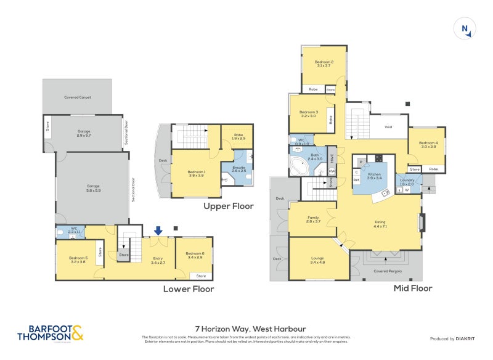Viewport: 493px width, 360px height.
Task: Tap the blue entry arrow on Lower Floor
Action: tap(158, 231)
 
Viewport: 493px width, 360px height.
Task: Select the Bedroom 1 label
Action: tap(197, 173)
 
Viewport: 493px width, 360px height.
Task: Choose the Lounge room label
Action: tap(317, 261)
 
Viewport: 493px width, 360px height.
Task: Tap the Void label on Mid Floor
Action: tap(388, 127)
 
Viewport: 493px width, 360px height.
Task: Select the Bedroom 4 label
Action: tap(428, 144)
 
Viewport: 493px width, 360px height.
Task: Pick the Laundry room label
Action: tap(407, 182)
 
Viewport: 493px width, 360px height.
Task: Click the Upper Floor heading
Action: tap(229, 206)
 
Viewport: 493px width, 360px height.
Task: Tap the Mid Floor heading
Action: tap(412, 288)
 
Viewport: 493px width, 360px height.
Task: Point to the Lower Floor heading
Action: tap(189, 288)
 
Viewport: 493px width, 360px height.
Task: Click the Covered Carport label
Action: tap(78, 97)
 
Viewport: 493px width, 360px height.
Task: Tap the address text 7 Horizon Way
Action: tap(246, 329)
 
